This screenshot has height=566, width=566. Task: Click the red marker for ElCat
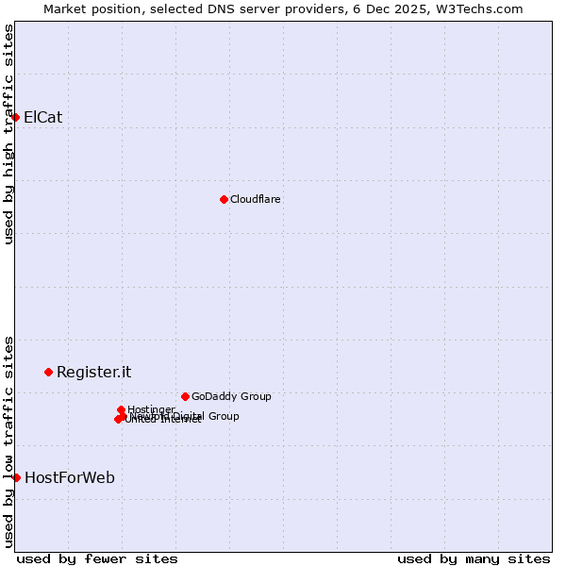pyautogui.click(x=16, y=117)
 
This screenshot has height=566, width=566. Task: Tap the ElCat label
pyautogui.click(x=42, y=117)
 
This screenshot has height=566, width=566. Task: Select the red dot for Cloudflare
pyautogui.click(x=224, y=199)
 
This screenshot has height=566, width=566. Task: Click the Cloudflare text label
pyautogui.click(x=255, y=199)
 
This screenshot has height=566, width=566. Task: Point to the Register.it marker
pyautogui.click(x=48, y=372)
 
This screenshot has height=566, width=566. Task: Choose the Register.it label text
pyautogui.click(x=93, y=372)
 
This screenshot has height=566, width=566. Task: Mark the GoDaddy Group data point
pyautogui.click(x=185, y=396)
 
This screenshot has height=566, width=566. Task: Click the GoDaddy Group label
pyautogui.click(x=230, y=396)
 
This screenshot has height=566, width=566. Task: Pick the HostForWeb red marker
pyautogui.click(x=16, y=477)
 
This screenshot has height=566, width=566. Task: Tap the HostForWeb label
pyautogui.click(x=69, y=477)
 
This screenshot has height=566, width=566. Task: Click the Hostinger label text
pyautogui.click(x=151, y=408)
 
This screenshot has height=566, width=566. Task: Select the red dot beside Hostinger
pyautogui.click(x=121, y=409)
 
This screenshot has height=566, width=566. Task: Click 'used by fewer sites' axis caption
pyautogui.click(x=97, y=558)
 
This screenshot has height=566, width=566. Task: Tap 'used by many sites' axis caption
pyautogui.click(x=474, y=558)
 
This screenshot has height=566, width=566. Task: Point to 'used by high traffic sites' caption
pyautogui.click(x=9, y=134)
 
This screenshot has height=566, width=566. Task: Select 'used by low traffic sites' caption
pyautogui.click(x=9, y=441)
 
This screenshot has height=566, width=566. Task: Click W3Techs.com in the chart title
pyautogui.click(x=479, y=9)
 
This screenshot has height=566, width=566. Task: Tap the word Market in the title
pyautogui.click(x=66, y=9)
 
